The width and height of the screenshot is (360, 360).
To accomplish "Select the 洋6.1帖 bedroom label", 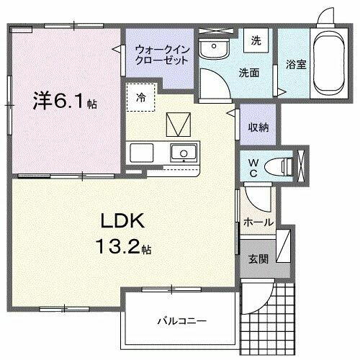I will (x=64, y=102).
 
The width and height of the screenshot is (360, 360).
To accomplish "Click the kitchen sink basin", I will (x=184, y=153).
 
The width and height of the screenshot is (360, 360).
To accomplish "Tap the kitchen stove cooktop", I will (x=141, y=152).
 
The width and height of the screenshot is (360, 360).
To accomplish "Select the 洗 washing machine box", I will (x=255, y=41).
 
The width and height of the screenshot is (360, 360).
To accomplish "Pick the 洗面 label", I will (x=249, y=72).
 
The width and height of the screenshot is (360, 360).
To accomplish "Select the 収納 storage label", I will (x=258, y=127).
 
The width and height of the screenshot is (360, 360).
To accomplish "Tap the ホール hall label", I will (x=258, y=222).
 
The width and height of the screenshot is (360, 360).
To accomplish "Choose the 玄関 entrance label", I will (x=258, y=258).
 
